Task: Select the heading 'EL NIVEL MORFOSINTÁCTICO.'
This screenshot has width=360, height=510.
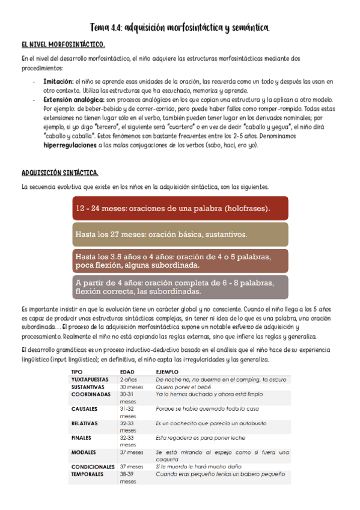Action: pos(63,45)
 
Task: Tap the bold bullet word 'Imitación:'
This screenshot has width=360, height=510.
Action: pos(59,80)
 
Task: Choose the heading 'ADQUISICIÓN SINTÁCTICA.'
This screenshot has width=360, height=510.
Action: pos(59,173)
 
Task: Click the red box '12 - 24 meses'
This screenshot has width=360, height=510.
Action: pos(180,208)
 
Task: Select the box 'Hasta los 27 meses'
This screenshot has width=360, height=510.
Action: pos(180,234)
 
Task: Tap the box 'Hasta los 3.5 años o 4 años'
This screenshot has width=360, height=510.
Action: pos(180,260)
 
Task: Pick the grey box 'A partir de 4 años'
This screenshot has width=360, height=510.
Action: pos(180,286)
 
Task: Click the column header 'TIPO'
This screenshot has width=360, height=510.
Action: pos(77,372)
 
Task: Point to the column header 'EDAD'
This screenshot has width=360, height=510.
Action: pos(127,372)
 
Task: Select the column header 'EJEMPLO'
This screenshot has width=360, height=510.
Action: pos(167,372)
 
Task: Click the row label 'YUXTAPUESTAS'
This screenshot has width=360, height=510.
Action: pos(90,379)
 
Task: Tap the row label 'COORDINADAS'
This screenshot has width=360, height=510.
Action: pos(91,395)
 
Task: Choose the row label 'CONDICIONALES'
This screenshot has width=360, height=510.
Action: pos(93,466)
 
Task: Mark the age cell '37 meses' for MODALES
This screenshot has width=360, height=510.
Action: pos(132,452)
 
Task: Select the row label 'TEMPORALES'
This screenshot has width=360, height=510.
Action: pos(89,473)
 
